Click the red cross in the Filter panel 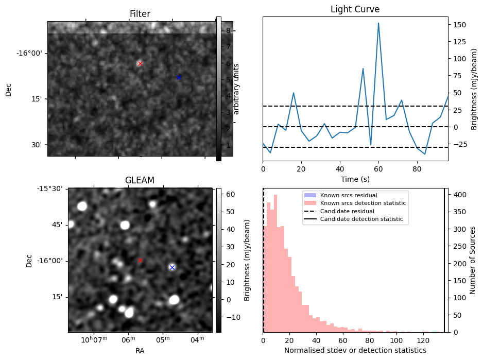pos(140,63)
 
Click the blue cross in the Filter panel pos(179,77)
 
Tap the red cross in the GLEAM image pos(140,260)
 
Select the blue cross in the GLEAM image pos(172,267)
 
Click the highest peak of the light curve pos(378,23)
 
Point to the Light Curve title pos(355,10)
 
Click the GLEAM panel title pos(140,180)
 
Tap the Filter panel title pos(140,14)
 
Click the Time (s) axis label pos(355,179)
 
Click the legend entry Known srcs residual pos(349,196)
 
